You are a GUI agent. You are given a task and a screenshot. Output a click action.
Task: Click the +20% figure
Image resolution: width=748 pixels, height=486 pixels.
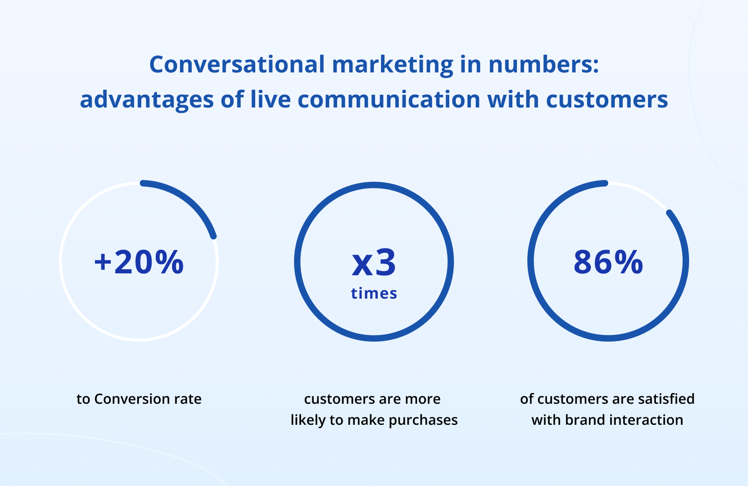139,262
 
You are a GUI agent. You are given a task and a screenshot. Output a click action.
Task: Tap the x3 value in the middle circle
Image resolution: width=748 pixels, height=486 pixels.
374,263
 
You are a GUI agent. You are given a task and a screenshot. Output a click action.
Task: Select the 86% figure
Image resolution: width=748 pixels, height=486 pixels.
608,262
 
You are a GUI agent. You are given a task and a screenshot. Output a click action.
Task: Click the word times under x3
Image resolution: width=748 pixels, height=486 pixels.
374,293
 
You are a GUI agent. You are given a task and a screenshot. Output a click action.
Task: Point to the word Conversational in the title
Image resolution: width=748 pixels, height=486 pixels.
237,64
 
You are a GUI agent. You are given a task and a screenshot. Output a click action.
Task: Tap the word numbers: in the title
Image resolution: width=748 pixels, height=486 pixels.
544,64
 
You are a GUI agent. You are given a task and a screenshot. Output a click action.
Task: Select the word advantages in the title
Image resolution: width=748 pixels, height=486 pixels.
147,100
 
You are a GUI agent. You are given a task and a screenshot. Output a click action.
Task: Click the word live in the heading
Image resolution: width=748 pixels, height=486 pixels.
271,99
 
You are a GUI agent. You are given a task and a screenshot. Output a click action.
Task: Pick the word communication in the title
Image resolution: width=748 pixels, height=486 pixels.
389,99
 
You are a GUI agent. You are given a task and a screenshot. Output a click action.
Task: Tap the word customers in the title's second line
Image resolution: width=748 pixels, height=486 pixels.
607,100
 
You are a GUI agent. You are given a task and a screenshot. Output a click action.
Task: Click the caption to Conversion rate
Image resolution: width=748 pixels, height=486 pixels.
139,399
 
